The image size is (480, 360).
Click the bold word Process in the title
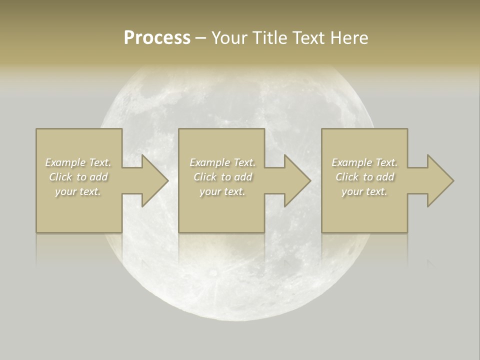tap(157, 38)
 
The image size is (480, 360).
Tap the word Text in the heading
tap(308, 38)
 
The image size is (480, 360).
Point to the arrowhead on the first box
tap(154, 180)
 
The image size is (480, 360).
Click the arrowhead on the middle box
tap(296, 180)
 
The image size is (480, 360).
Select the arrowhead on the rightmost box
tap(439, 180)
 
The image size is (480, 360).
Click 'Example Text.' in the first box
tap(78, 162)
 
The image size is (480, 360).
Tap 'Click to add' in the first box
tap(78, 177)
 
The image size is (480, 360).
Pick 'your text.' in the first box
tap(78, 191)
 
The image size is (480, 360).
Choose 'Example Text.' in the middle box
tap(222, 162)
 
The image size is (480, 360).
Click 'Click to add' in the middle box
tap(222, 177)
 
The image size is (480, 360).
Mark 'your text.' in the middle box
tap(222, 191)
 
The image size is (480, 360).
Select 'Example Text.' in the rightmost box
tap(364, 162)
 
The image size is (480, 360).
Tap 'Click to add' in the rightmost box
tap(364, 177)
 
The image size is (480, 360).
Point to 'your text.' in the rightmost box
tap(364, 191)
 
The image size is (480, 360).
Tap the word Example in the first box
tap(65, 162)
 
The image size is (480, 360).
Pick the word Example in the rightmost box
tap(351, 162)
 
